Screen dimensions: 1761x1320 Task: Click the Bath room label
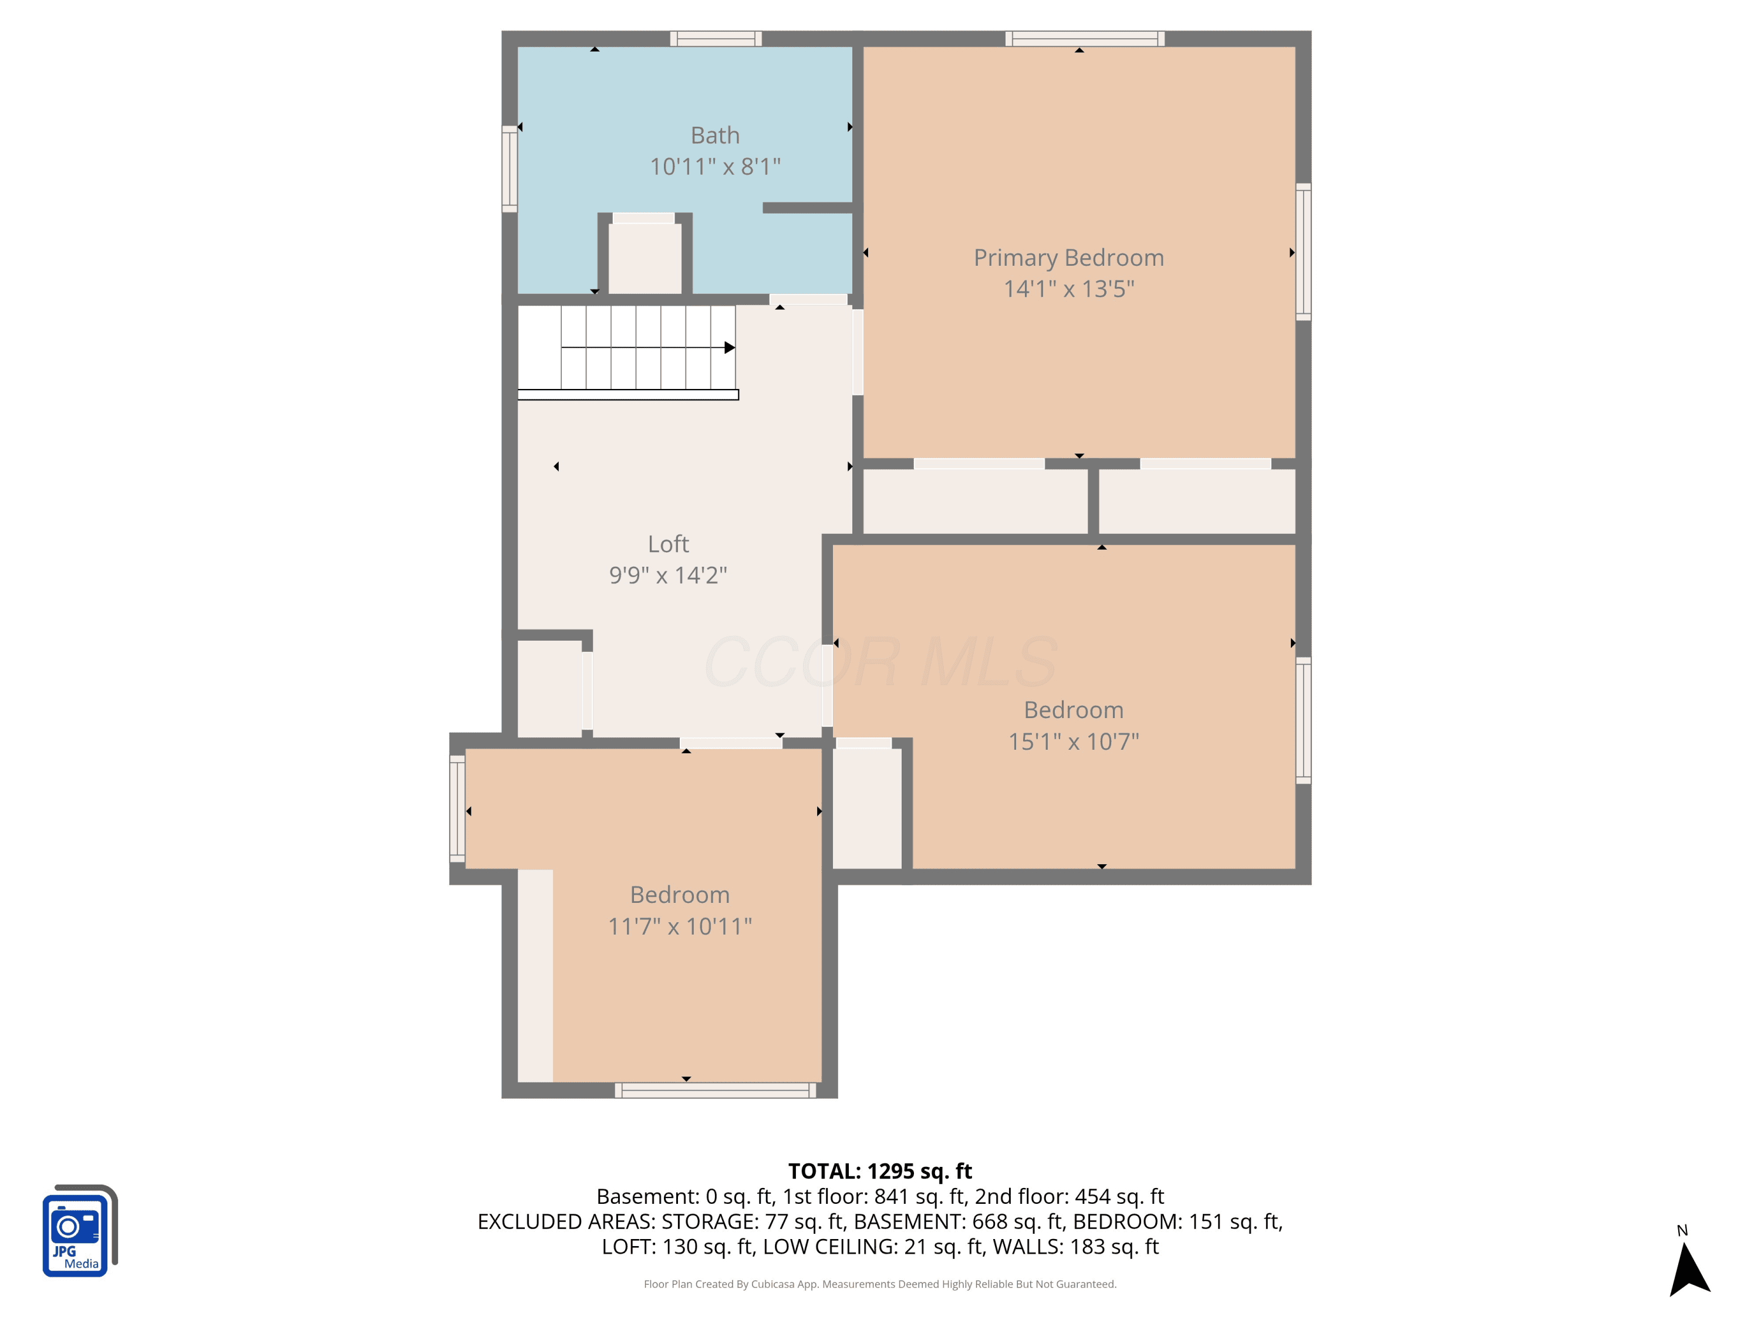click(715, 136)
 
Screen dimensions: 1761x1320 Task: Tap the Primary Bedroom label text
click(1068, 258)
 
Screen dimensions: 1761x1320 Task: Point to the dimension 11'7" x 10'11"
click(680, 926)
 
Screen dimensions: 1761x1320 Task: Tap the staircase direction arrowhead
click(729, 348)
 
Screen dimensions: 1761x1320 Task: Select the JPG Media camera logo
click(80, 1231)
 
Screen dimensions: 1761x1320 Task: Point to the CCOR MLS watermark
click(880, 662)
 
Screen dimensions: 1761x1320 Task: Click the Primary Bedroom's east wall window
click(1303, 252)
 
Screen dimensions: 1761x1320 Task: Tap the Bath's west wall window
click(510, 170)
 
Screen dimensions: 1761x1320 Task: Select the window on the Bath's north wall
click(716, 39)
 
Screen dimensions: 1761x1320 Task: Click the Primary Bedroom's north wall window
click(1084, 39)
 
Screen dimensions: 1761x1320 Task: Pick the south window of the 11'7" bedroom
click(715, 1090)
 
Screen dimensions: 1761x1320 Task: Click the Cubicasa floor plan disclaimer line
click(880, 1284)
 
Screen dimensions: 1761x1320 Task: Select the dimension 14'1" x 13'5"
click(1068, 289)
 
